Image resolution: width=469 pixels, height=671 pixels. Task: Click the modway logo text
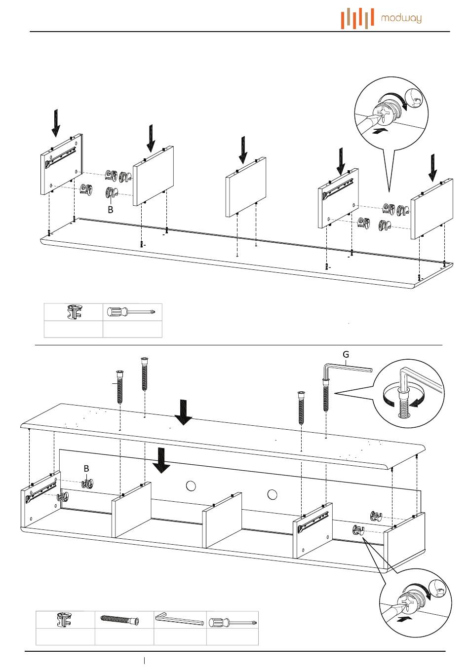[x=401, y=19]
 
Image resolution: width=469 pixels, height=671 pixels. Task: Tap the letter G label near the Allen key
[x=346, y=354]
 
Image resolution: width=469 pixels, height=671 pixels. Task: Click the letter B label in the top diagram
[x=111, y=210]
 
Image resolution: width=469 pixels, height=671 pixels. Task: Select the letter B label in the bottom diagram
[x=86, y=468]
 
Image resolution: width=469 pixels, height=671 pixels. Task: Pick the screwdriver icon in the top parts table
[x=132, y=312]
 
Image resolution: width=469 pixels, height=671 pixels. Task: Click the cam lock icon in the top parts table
[x=74, y=312]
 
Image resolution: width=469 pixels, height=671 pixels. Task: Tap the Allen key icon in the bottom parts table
[x=179, y=619]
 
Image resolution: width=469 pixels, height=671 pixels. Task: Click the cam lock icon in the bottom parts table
[x=65, y=620]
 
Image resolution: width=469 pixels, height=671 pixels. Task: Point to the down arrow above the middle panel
[x=243, y=150]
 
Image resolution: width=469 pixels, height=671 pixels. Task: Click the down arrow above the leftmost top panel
[x=56, y=122]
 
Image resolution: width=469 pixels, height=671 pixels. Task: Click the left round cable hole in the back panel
[x=191, y=486]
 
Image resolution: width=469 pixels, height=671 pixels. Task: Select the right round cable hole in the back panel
[x=272, y=494]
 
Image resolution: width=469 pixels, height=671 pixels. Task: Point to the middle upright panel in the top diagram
[x=246, y=187]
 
